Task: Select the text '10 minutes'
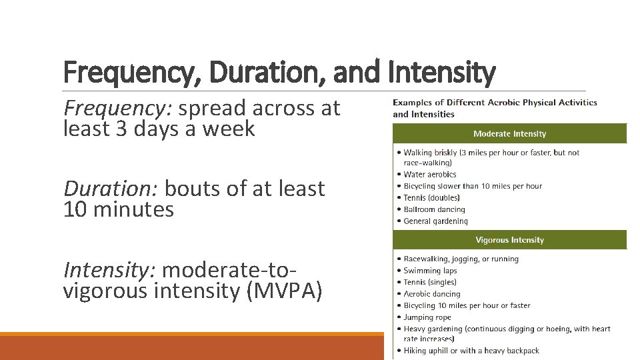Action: tap(118, 210)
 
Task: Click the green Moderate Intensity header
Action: tap(509, 134)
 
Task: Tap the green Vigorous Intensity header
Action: tap(509, 240)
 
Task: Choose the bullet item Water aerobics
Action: tap(430, 175)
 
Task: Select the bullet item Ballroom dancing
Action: tap(434, 209)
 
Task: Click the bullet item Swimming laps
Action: tap(431, 271)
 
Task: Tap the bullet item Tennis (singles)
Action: tap(431, 282)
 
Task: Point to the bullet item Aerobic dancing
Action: tap(432, 294)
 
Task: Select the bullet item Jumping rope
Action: tap(427, 317)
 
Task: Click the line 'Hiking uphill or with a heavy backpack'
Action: tap(471, 351)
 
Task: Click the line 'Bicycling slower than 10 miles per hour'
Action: tap(473, 186)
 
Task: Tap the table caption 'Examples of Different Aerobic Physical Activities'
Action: tap(495, 103)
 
